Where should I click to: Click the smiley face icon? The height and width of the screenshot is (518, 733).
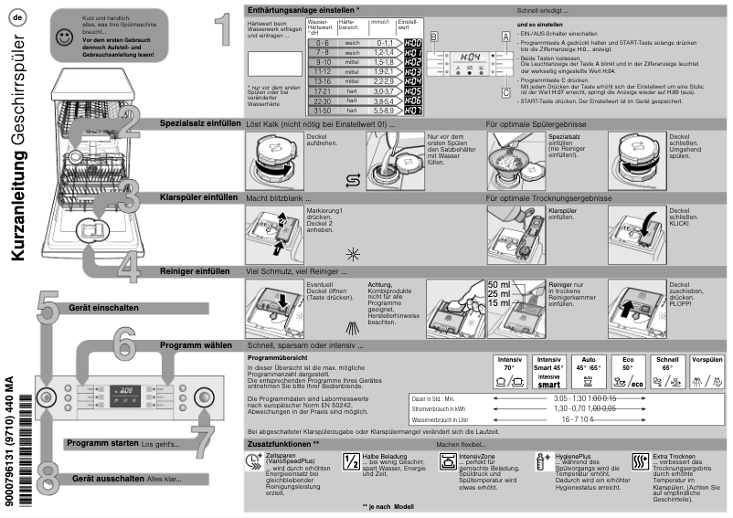click(x=62, y=37)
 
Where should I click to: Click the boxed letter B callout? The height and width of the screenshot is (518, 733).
click(x=435, y=36)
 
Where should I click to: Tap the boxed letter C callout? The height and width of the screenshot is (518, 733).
click(x=505, y=91)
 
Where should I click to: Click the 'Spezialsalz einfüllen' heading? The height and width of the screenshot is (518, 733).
click(x=201, y=122)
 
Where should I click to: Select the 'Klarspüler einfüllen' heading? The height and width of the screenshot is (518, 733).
click(x=198, y=196)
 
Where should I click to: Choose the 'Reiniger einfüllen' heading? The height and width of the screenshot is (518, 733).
click(x=195, y=271)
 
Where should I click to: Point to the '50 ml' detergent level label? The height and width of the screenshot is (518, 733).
click(x=499, y=285)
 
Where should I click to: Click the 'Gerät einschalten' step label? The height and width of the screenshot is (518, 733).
click(x=104, y=308)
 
